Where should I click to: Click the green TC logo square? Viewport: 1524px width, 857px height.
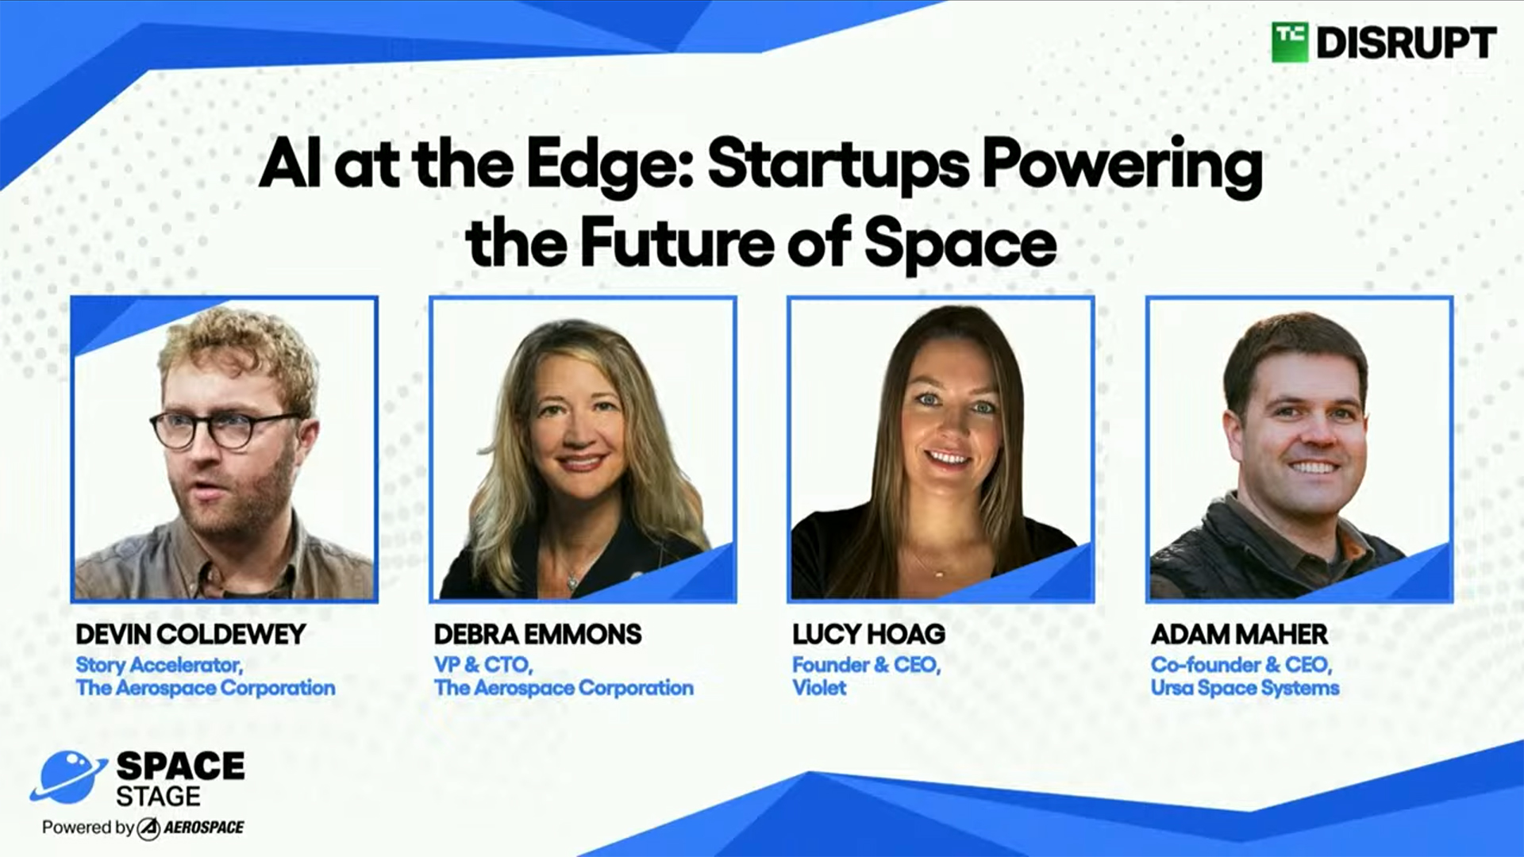pyautogui.click(x=1290, y=42)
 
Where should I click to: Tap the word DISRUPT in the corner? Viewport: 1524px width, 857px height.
pyautogui.click(x=1407, y=43)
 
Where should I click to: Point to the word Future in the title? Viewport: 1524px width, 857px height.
pyautogui.click(x=677, y=242)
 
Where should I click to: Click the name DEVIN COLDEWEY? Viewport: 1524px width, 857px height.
pyautogui.click(x=190, y=634)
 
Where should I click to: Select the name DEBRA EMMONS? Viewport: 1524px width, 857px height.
pyautogui.click(x=537, y=634)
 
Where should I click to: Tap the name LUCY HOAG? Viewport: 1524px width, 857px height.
pyautogui.click(x=868, y=634)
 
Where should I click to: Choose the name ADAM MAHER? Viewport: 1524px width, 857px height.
pyautogui.click(x=1239, y=634)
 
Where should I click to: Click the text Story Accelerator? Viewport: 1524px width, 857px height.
pyautogui.click(x=160, y=665)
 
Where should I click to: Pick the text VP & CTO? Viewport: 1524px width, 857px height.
pyautogui.click(x=483, y=665)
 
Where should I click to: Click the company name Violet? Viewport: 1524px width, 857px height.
pyautogui.click(x=819, y=687)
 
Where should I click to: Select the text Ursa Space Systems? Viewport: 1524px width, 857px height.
pyautogui.click(x=1245, y=688)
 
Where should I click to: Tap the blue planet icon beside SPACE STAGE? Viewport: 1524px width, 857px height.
pyautogui.click(x=68, y=776)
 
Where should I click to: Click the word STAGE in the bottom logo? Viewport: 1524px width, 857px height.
pyautogui.click(x=158, y=796)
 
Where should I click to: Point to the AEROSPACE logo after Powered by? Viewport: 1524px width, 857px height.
pyautogui.click(x=190, y=828)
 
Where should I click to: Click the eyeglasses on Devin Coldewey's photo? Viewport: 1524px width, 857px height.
pyautogui.click(x=225, y=430)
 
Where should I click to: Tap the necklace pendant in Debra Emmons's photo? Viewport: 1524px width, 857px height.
pyautogui.click(x=571, y=583)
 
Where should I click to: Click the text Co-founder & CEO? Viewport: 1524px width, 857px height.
pyautogui.click(x=1241, y=665)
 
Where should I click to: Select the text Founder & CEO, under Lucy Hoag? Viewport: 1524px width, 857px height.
pyautogui.click(x=866, y=665)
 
